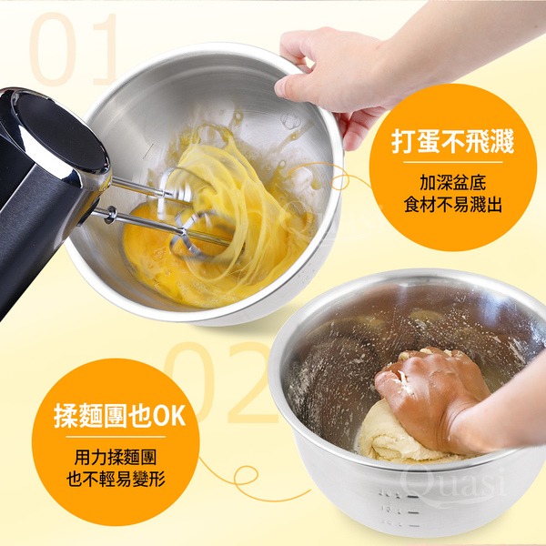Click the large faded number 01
coord(74,49)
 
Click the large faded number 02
coord(223,382)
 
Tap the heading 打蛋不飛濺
coord(452,142)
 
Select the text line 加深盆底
coord(452,183)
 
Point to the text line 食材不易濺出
coord(452,205)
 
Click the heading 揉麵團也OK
coord(119,416)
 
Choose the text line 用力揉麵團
coord(116,457)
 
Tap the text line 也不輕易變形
coord(116,480)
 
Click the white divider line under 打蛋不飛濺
coord(453,162)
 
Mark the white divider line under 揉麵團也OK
coord(116,437)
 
